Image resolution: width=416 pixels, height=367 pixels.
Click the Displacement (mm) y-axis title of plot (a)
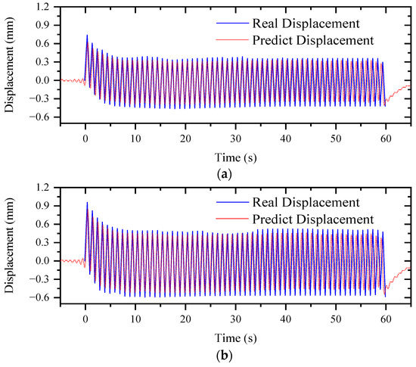pyautogui.click(x=10, y=62)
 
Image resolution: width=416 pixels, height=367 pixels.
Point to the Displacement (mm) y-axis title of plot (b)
pyautogui.click(x=10, y=243)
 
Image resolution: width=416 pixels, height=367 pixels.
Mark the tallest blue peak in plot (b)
pyautogui.click(x=87, y=203)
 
